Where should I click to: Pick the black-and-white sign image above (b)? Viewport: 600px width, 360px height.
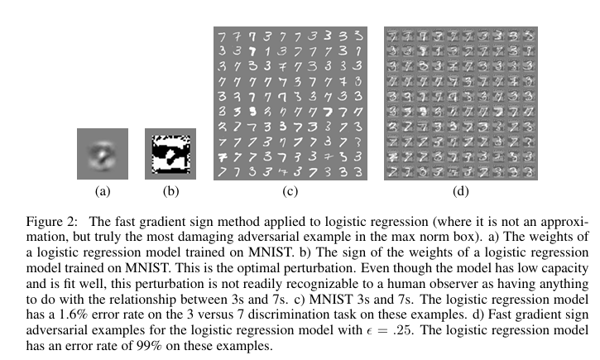[170, 153]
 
